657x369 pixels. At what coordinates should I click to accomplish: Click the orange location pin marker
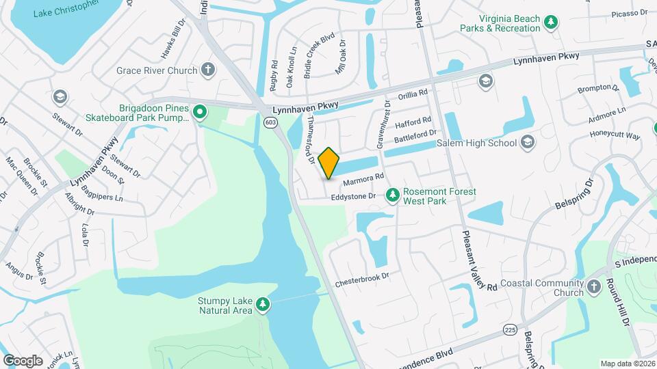(329, 163)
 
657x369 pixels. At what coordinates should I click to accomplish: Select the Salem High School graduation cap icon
(528, 142)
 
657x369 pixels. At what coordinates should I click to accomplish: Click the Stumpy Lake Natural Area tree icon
(263, 305)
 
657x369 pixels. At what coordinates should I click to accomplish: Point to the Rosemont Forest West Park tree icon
(393, 196)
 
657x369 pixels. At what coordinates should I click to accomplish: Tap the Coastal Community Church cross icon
(594, 288)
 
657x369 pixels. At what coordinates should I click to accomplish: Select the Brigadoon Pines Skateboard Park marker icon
(200, 113)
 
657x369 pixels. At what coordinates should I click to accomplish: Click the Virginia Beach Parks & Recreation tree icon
(551, 23)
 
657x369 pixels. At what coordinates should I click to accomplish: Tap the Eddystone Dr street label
(353, 197)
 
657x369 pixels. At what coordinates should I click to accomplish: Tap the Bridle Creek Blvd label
(319, 55)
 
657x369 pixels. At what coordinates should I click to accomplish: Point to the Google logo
(23, 361)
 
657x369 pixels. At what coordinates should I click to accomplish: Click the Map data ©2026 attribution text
(627, 364)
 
